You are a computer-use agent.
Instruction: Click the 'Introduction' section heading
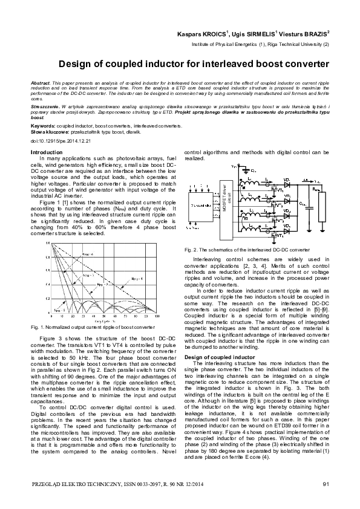point(45,152)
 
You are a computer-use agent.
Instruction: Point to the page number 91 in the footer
point(326,482)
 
